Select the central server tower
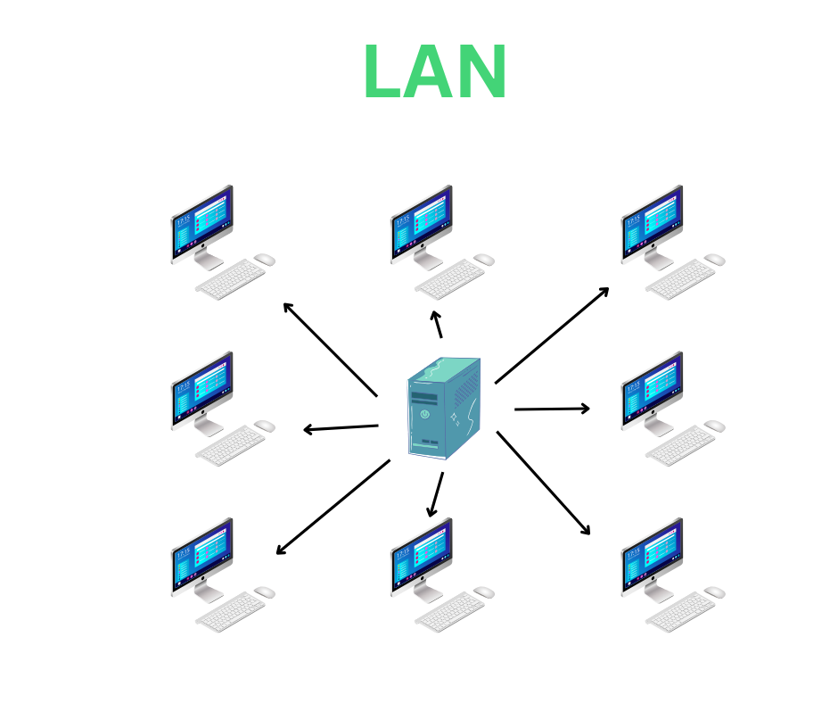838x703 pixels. (x=443, y=409)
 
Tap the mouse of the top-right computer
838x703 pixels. (x=715, y=260)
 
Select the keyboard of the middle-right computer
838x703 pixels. (x=680, y=446)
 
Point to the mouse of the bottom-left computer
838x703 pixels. (x=265, y=592)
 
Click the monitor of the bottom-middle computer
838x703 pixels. (x=421, y=556)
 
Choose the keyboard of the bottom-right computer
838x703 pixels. (x=680, y=613)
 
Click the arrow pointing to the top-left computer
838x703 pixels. (x=330, y=349)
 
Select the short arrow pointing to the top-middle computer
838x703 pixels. (x=437, y=325)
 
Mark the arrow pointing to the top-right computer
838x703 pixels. (x=552, y=335)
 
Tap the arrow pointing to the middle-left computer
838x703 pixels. (x=341, y=428)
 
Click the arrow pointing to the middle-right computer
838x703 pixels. (x=552, y=409)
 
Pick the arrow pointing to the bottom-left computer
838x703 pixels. (x=333, y=507)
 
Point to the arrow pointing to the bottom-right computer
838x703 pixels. (x=544, y=483)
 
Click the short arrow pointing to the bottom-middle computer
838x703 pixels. (x=436, y=494)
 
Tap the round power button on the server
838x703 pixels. (x=425, y=414)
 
